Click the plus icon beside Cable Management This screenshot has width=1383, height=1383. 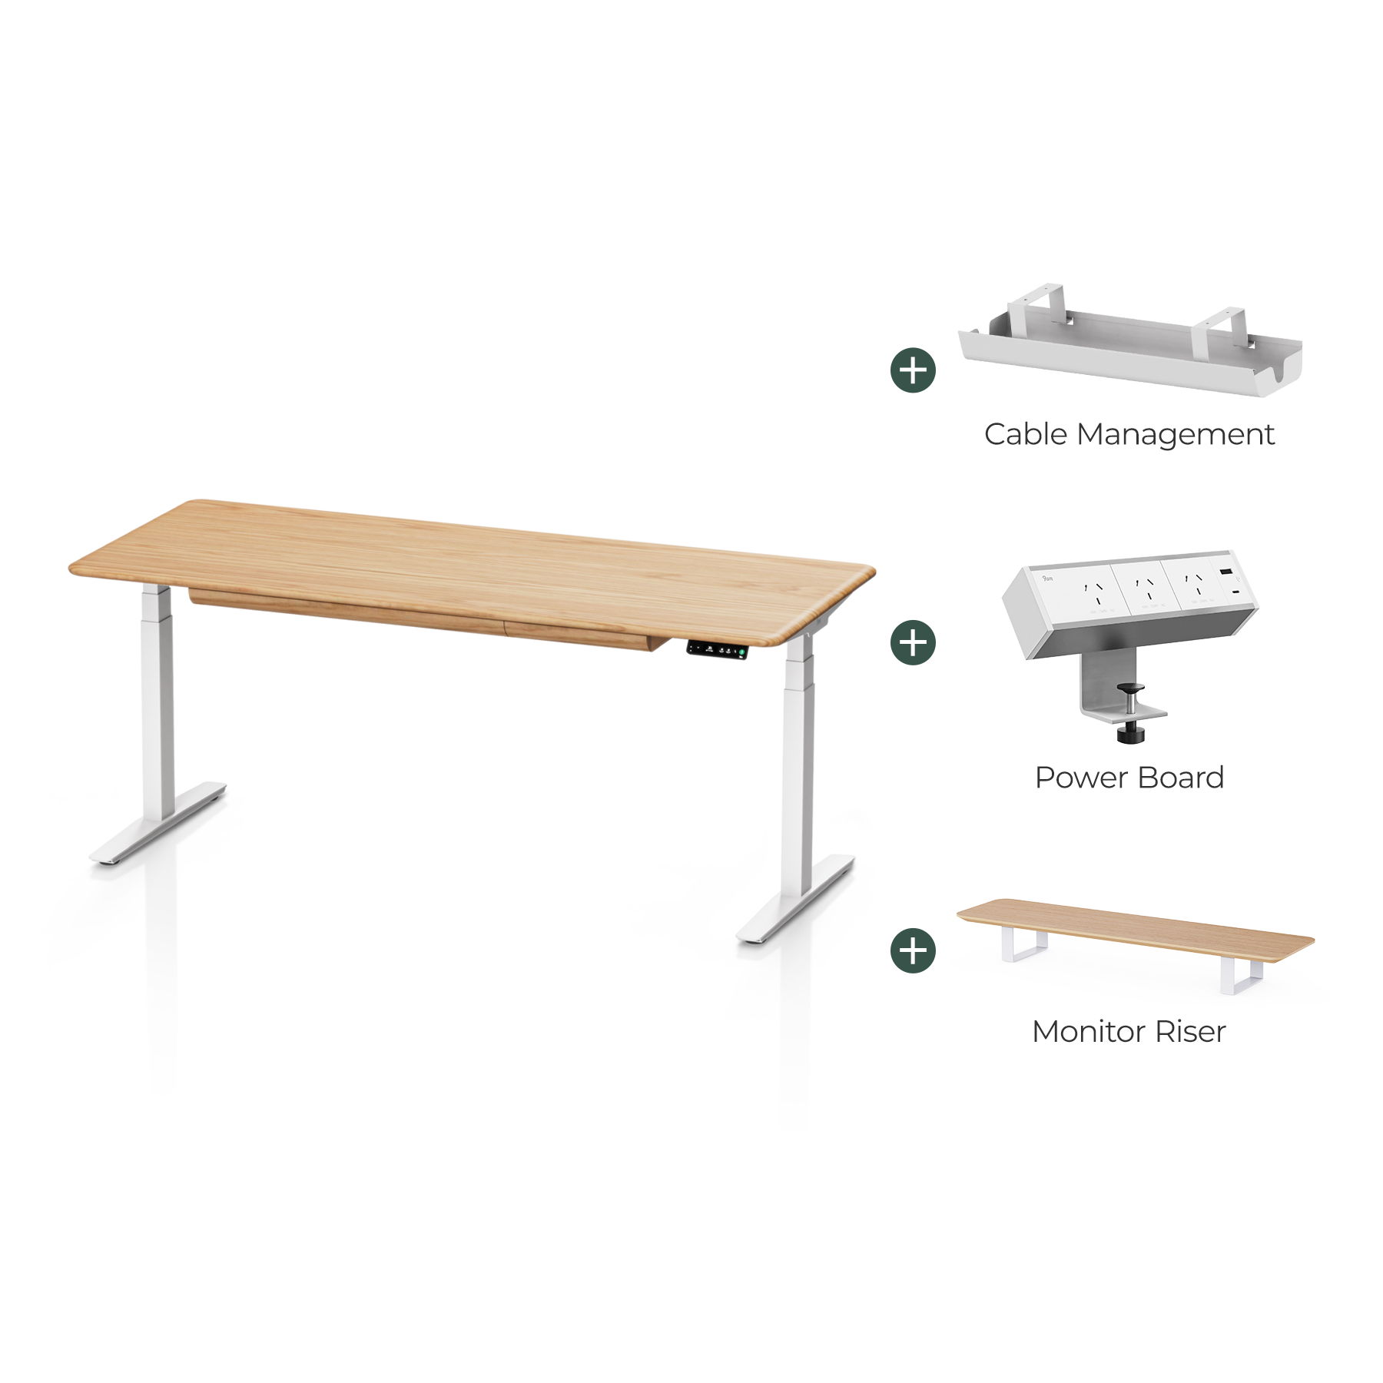click(913, 370)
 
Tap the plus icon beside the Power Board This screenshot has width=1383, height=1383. click(913, 642)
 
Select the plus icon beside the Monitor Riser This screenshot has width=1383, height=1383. click(913, 950)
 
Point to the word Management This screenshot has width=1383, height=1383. click(1175, 436)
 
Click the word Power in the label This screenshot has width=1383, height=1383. click(1080, 778)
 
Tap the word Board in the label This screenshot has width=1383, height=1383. click(1181, 778)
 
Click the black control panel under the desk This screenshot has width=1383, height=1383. click(717, 649)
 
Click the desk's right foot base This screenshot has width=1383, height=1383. click(796, 899)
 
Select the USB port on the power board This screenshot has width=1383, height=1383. click(1226, 573)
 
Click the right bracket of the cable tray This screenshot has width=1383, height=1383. click(1222, 326)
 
